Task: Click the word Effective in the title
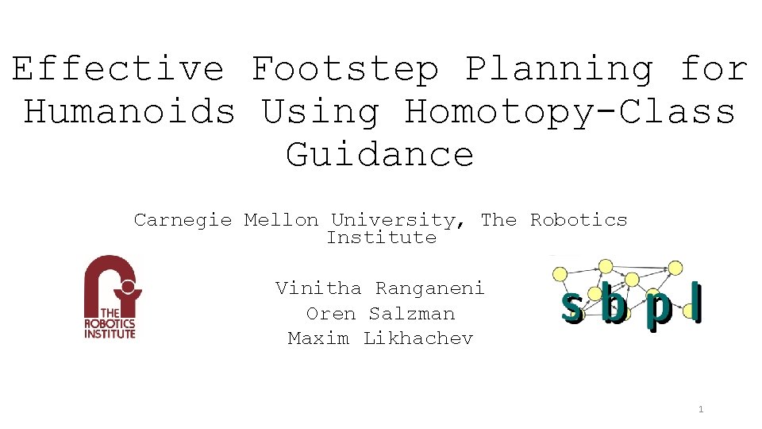117,69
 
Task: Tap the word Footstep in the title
345,69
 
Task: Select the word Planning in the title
560,69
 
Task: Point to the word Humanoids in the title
129,111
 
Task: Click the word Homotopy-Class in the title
570,111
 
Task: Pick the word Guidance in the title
380,154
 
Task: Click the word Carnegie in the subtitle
183,220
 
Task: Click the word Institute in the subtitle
381,238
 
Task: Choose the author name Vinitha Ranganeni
380,288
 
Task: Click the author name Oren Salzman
380,313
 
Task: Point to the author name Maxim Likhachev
380,338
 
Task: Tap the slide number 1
701,410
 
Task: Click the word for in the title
714,69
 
